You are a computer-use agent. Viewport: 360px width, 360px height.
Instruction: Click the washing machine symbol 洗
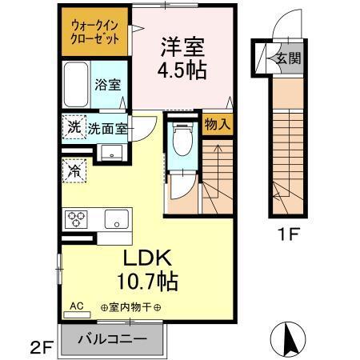[x=74, y=126]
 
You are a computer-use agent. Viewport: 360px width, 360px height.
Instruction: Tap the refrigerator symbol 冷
[x=74, y=170]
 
